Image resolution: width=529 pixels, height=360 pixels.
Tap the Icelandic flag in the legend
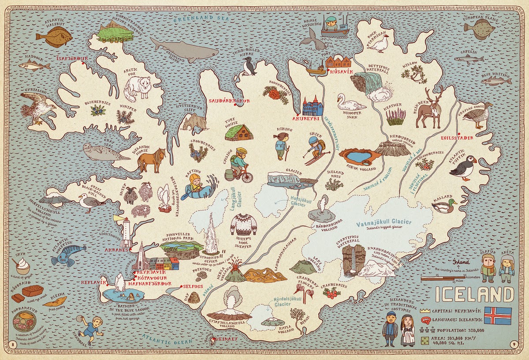[x=498, y=315]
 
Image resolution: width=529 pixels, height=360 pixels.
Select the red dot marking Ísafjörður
[x=82, y=63]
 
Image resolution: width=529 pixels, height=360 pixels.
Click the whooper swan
[x=349, y=103]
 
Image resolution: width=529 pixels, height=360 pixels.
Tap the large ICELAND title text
[x=474, y=294]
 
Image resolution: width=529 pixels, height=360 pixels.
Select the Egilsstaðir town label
[x=456, y=138]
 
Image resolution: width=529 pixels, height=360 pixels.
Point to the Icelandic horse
[x=151, y=160]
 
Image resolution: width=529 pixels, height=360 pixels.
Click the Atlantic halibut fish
[x=54, y=36]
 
